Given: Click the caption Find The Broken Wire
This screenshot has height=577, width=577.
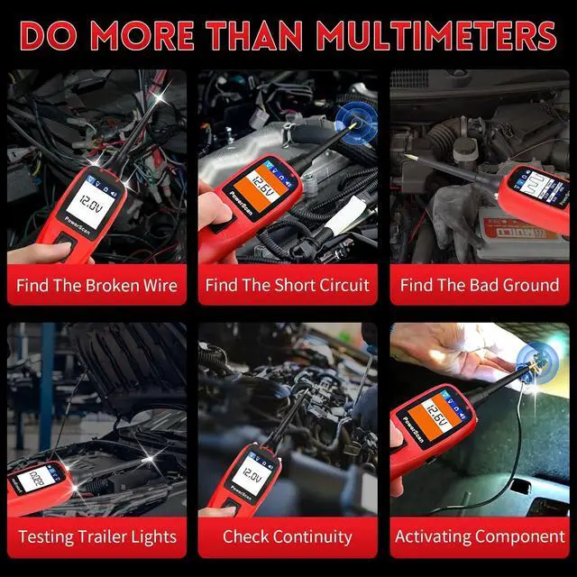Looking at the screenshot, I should (x=96, y=286).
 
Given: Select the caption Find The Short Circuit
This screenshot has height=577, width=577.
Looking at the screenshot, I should (x=287, y=286).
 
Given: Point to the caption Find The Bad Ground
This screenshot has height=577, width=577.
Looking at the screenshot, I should (x=479, y=286).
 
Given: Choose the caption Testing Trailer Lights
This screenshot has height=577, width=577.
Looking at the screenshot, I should (x=96, y=536).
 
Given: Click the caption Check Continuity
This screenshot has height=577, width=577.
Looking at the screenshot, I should (x=287, y=536).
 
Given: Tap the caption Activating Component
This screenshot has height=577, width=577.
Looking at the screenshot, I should (x=479, y=536).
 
